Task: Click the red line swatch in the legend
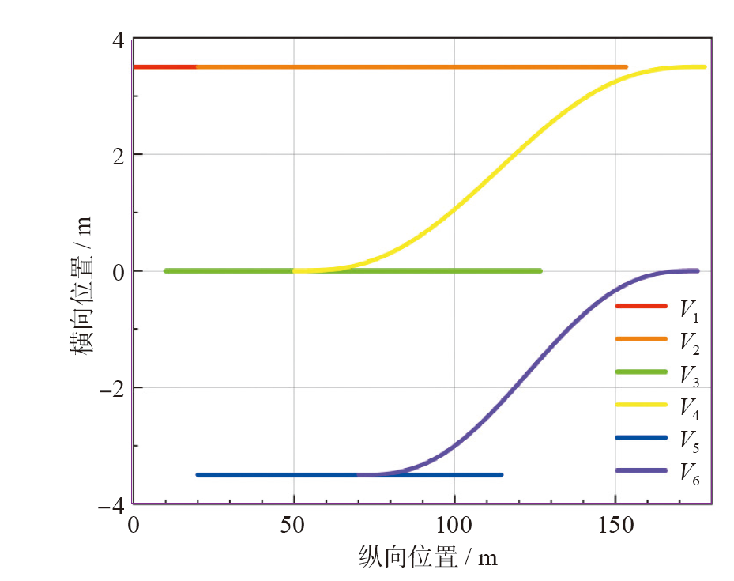point(641,306)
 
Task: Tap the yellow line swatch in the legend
point(641,404)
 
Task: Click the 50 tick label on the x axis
point(294,525)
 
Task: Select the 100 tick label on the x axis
point(454,525)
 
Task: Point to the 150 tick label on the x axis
point(615,525)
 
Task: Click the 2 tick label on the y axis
point(118,155)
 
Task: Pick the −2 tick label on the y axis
point(111,388)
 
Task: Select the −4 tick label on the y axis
point(111,504)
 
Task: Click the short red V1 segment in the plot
point(165,67)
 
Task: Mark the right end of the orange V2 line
point(626,67)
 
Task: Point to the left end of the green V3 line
point(166,271)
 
